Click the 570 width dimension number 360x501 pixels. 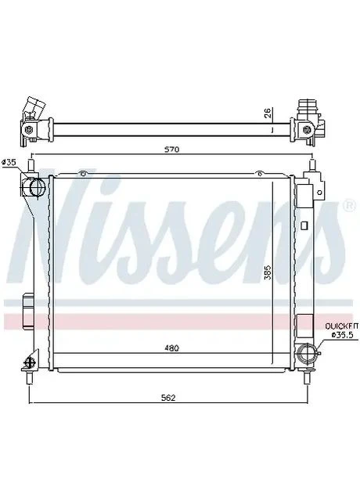pos(172,150)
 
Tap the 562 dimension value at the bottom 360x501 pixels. pos(168,398)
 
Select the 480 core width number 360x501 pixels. pos(172,348)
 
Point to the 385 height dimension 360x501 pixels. pos(268,272)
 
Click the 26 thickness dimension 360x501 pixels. pos(268,113)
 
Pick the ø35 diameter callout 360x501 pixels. pos(9,162)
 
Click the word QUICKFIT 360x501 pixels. pos(341,326)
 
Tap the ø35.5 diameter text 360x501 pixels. pos(344,334)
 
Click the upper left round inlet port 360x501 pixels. pos(37,186)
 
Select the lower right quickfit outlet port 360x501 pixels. pos(306,353)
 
